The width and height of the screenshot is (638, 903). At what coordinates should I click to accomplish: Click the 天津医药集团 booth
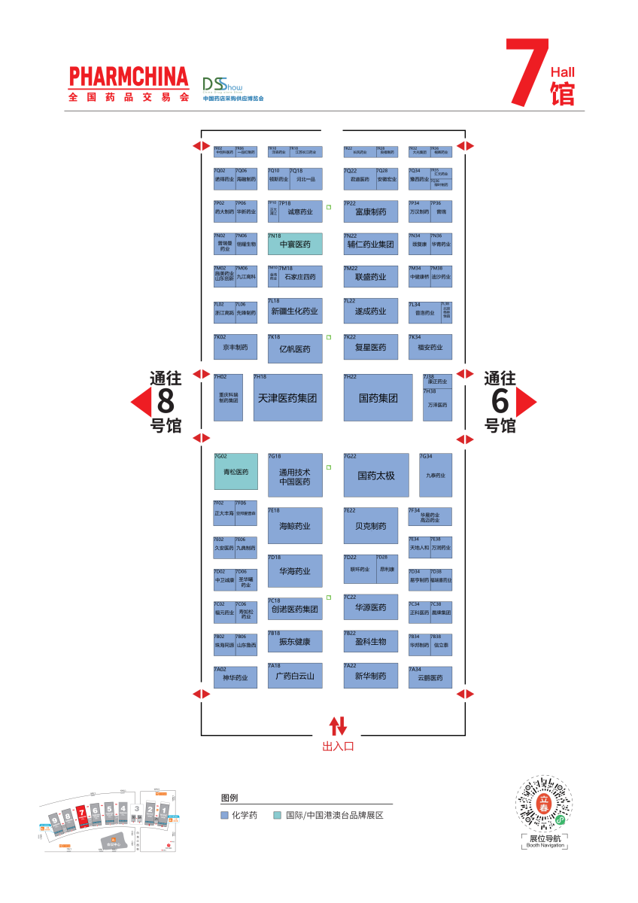[287, 397]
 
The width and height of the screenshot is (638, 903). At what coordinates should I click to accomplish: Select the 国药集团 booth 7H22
[378, 397]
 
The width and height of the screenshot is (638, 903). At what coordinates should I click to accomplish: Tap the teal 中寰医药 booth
[295, 244]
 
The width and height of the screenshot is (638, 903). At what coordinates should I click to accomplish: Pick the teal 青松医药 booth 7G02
[235, 472]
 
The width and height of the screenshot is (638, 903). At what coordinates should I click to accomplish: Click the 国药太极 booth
[376, 475]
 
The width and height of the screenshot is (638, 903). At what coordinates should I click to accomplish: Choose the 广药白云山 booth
[295, 676]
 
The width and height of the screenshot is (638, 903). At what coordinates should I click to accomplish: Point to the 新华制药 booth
[371, 676]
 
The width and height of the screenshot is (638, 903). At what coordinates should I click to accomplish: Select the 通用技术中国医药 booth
[295, 476]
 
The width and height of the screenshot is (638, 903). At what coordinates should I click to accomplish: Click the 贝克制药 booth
[371, 526]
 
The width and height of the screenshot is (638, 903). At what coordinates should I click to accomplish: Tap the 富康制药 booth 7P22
[371, 211]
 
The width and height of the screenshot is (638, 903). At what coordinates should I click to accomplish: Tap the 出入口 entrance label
[338, 746]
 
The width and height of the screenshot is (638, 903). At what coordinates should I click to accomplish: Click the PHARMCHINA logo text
[128, 77]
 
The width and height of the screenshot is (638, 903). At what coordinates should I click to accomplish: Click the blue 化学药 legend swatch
[224, 815]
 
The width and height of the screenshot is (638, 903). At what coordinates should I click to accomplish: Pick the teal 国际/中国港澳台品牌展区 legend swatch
[278, 815]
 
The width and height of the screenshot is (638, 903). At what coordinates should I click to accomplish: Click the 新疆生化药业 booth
[295, 311]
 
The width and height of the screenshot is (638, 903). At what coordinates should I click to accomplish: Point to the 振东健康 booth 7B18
[295, 642]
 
